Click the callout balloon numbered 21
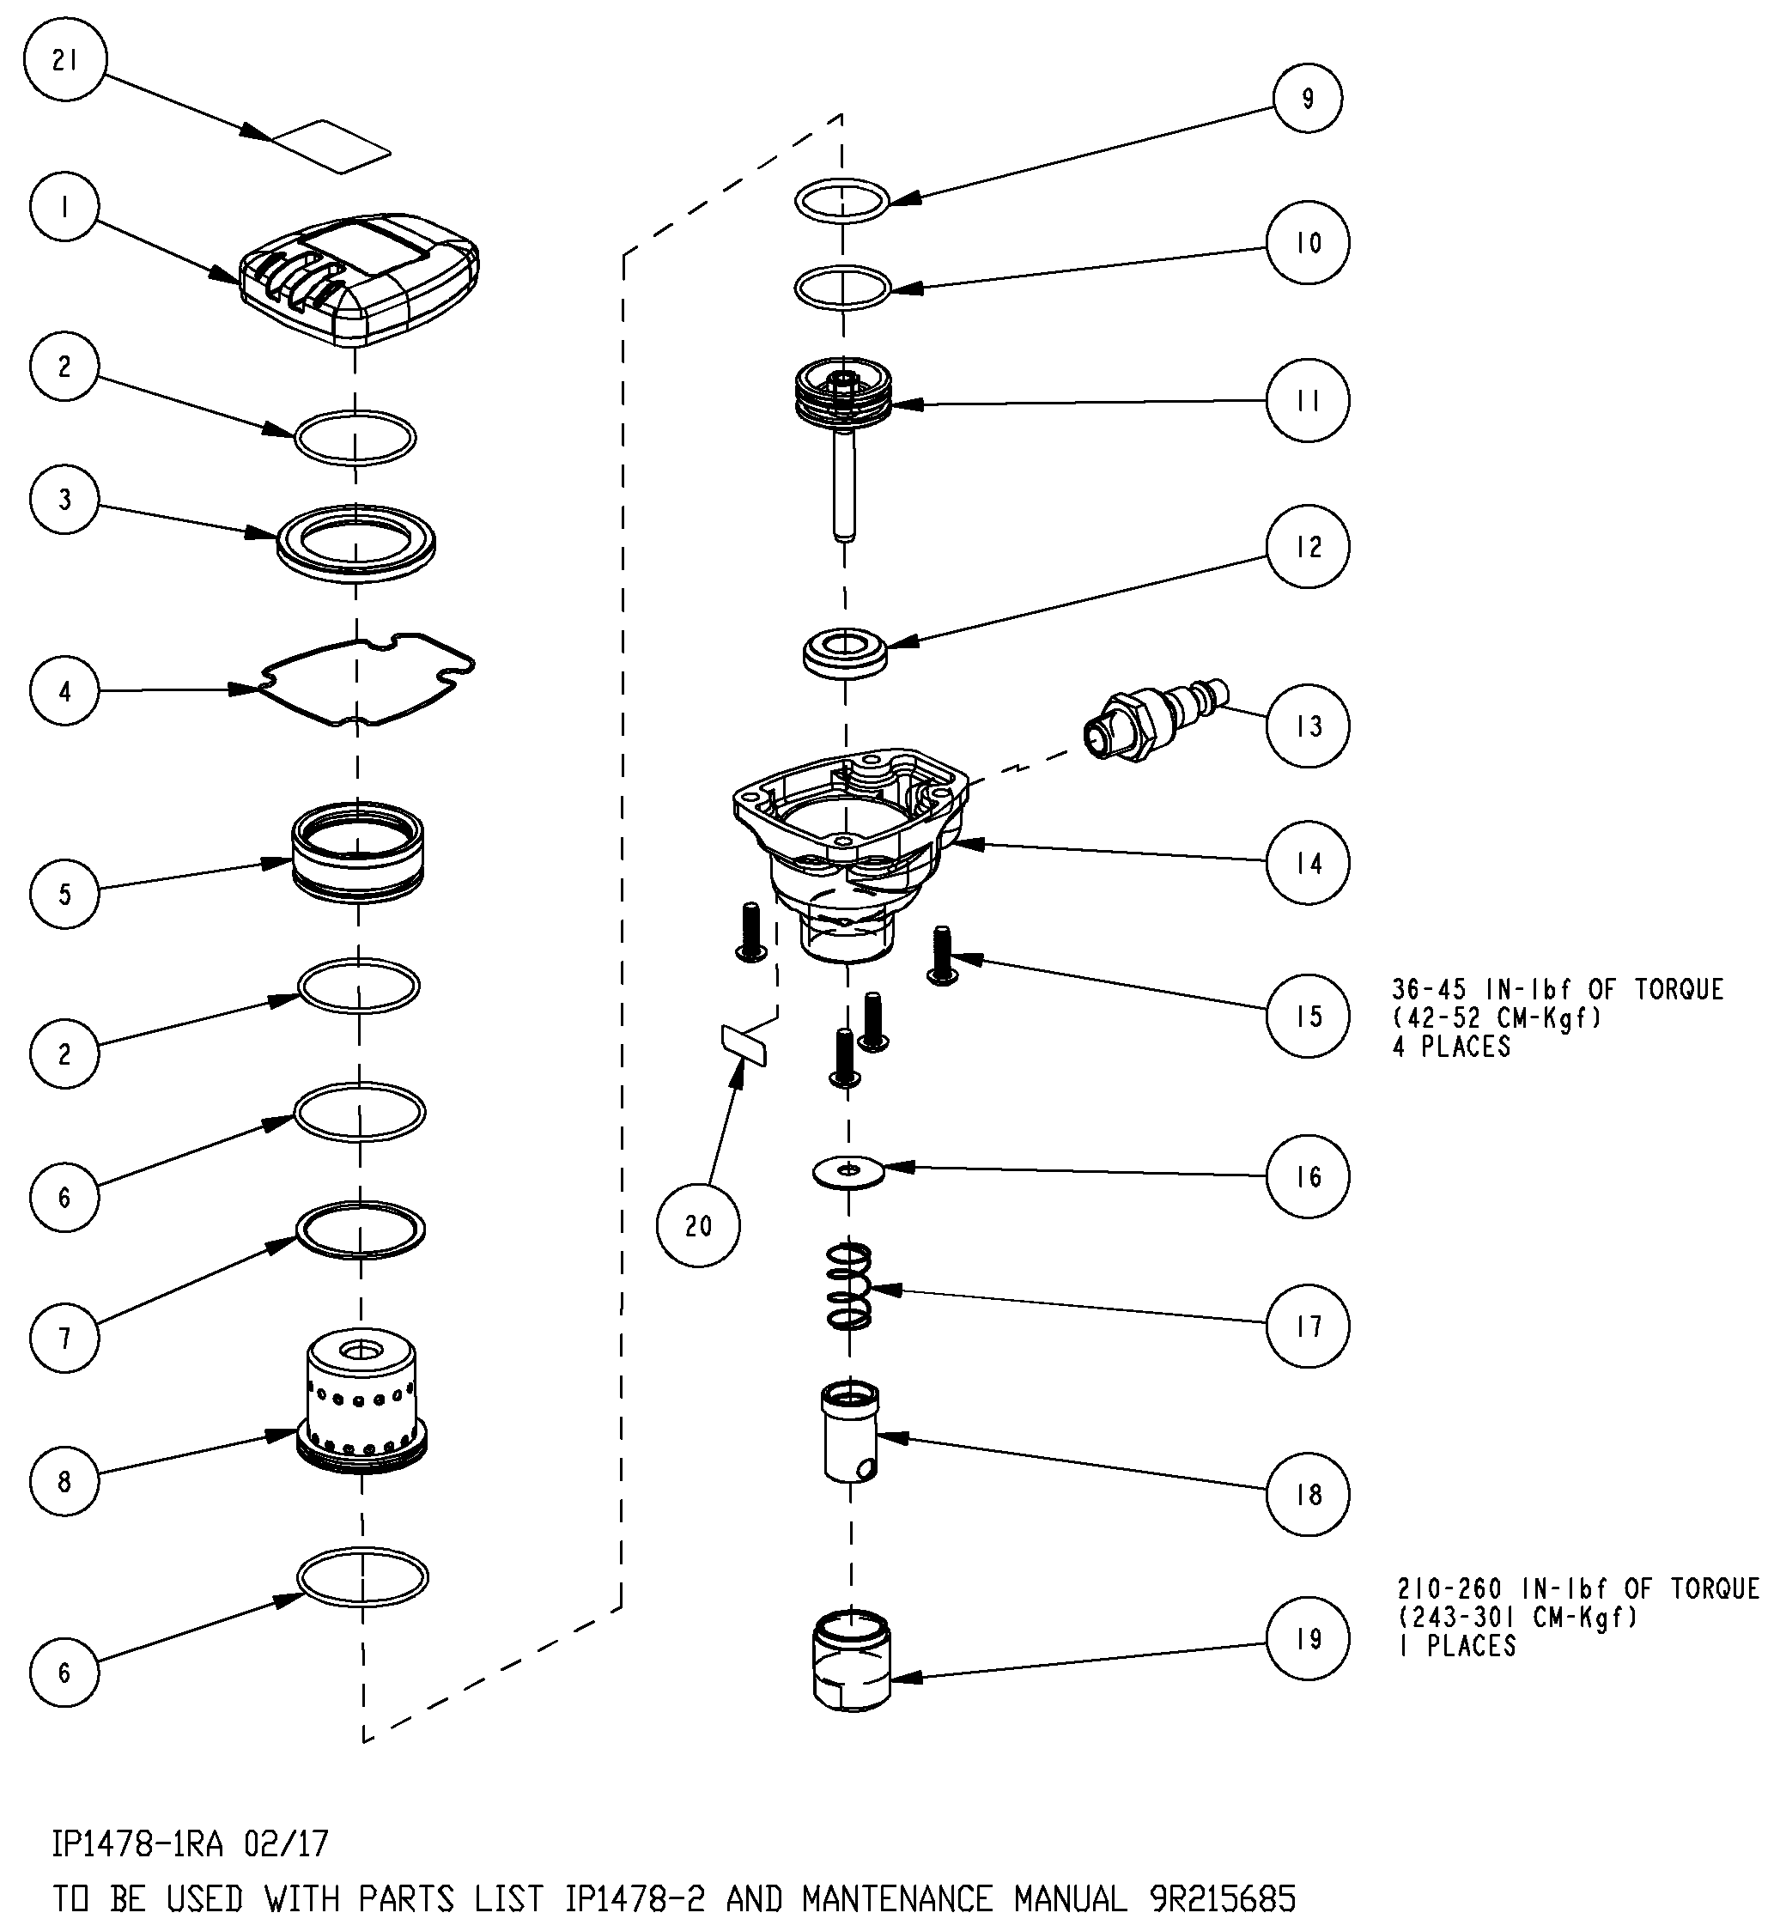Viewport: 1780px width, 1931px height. pos(64,61)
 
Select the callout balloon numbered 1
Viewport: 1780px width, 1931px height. pos(64,207)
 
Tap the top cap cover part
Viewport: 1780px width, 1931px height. pos(359,279)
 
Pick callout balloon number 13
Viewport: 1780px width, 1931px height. pos(1307,726)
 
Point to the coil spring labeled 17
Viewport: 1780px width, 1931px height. pos(849,1285)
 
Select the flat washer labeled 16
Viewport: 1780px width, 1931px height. pos(848,1172)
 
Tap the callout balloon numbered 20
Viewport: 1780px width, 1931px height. pos(698,1225)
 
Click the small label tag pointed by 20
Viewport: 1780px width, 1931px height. pos(744,1045)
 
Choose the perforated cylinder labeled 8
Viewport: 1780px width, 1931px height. pos(361,1401)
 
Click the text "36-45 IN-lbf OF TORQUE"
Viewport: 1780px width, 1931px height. pos(1557,990)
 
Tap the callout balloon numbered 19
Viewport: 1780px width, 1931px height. pos(1307,1638)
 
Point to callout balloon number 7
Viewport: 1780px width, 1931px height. pos(64,1337)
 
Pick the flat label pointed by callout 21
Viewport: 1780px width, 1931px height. pos(332,146)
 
